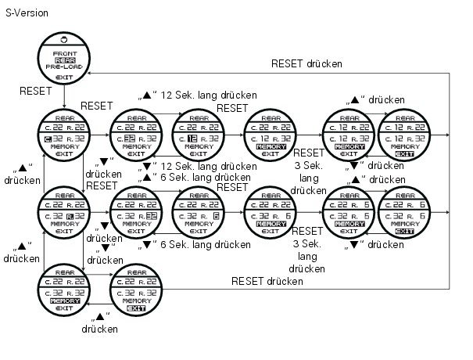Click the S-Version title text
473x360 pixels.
pyautogui.click(x=26, y=13)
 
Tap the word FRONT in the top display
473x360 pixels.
pyautogui.click(x=65, y=52)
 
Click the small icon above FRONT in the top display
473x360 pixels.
pyautogui.click(x=64, y=39)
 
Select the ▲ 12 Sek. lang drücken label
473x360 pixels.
pyautogui.click(x=199, y=95)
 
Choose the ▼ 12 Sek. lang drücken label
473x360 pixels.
pyautogui.click(x=199, y=166)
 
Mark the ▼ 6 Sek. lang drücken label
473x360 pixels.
pyautogui.click(x=197, y=244)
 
